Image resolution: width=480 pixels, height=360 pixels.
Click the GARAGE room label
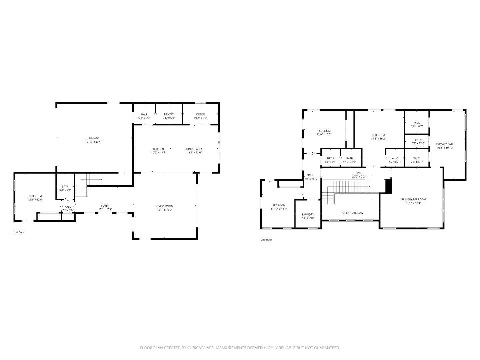click(x=94, y=138)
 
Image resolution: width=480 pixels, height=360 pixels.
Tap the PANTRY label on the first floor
click(x=169, y=114)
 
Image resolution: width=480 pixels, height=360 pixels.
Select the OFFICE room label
click(x=200, y=114)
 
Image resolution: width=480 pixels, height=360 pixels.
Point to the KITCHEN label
click(x=158, y=149)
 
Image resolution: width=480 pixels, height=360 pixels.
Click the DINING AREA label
click(x=194, y=149)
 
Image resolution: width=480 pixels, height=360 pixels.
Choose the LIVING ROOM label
click(x=165, y=206)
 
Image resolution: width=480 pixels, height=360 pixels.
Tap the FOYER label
click(x=105, y=206)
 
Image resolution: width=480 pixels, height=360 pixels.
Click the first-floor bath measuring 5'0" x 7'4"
click(x=65, y=188)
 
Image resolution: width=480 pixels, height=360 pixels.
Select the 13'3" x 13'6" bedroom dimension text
click(x=35, y=199)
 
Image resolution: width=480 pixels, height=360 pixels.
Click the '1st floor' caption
click(x=19, y=232)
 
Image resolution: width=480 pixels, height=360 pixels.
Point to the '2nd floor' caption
click(x=266, y=240)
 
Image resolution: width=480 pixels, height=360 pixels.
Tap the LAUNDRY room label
click(x=308, y=214)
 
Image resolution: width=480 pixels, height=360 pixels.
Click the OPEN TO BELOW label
click(x=353, y=213)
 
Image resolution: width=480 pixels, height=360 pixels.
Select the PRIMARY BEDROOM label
click(x=413, y=199)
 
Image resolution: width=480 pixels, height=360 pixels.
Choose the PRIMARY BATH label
click(x=445, y=144)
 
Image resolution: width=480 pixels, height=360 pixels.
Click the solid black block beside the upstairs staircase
click(x=388, y=186)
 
